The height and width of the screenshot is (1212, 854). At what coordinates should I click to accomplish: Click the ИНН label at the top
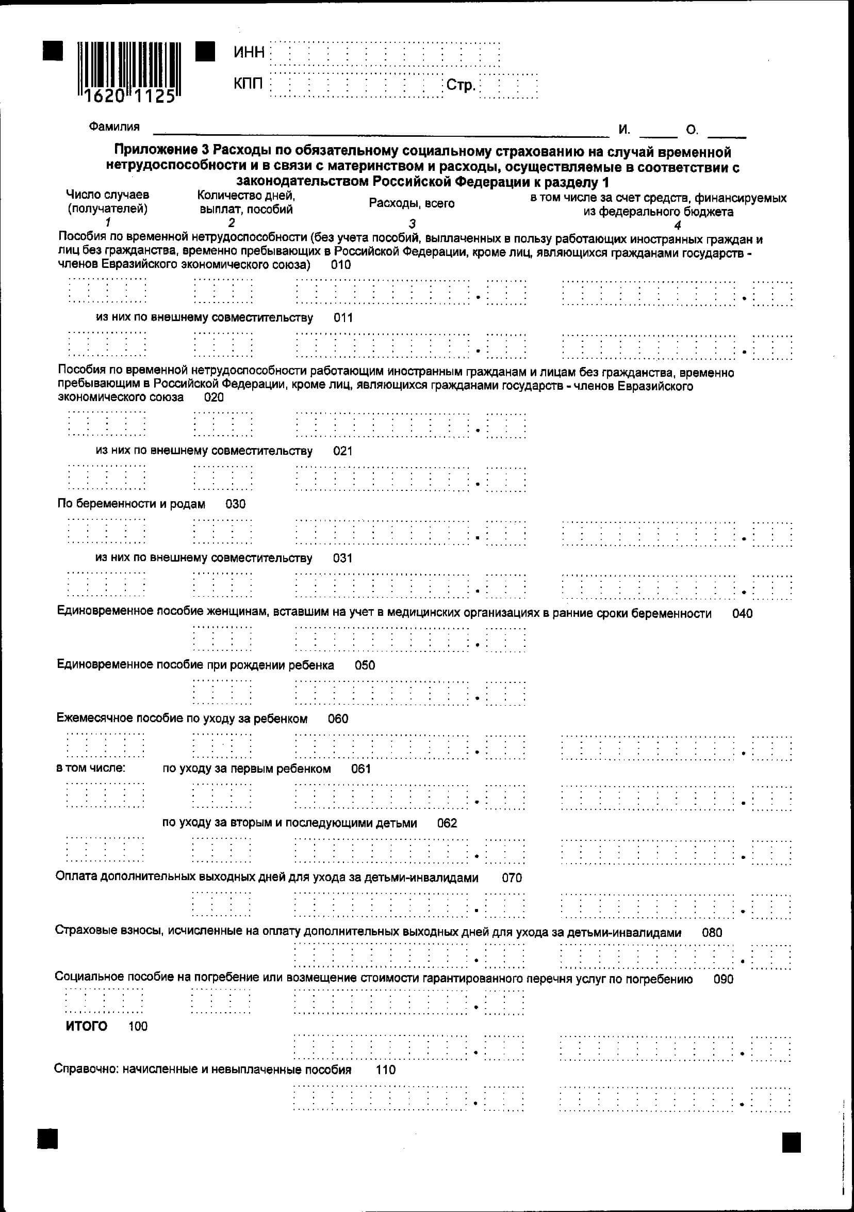point(249,52)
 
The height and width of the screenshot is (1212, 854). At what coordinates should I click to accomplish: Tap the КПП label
point(249,84)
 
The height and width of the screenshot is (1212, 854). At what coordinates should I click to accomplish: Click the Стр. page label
point(461,85)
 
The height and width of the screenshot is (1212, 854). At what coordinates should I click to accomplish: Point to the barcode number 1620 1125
point(129,97)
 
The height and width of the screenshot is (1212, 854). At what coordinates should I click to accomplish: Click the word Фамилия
point(114,126)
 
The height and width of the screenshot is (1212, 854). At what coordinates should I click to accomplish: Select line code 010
point(341,264)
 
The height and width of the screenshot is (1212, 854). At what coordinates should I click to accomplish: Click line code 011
point(343,318)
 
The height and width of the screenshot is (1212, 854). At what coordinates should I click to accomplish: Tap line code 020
point(214,397)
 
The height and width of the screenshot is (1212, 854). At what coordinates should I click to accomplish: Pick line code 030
point(235,504)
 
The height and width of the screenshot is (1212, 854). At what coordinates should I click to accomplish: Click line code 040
point(742,613)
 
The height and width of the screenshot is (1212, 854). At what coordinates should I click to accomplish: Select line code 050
point(365,665)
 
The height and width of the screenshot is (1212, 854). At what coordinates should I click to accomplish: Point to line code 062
point(447,823)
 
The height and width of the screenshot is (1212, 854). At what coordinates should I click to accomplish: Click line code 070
point(512,878)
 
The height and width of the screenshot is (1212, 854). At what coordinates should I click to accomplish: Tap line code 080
point(712,932)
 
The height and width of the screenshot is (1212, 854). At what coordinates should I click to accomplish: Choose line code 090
point(723,979)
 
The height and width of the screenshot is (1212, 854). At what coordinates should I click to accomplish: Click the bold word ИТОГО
point(87,1026)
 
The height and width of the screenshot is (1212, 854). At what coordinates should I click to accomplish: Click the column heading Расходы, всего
point(412,203)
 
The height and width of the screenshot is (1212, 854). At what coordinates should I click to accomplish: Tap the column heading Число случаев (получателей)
point(108,202)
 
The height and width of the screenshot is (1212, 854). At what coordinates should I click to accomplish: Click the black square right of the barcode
point(205,52)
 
